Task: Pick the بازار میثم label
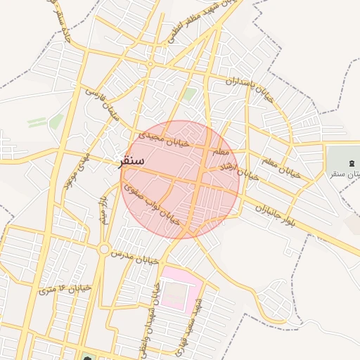104,211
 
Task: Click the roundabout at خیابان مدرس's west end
104,248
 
